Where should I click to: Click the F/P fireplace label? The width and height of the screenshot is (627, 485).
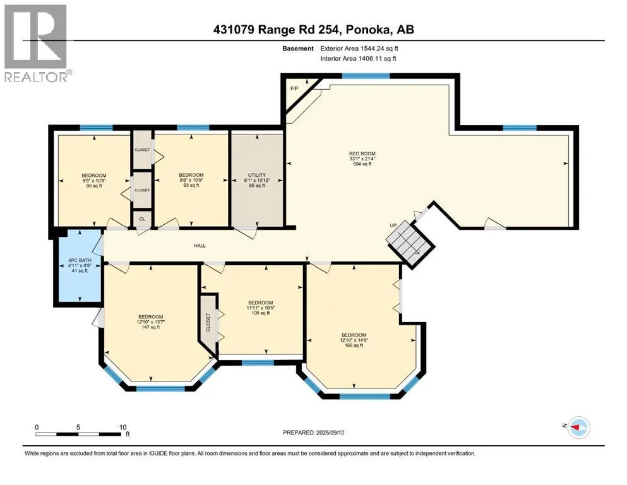(x=294, y=88)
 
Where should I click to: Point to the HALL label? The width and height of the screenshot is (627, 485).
(x=200, y=246)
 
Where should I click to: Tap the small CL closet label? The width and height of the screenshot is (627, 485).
(x=142, y=219)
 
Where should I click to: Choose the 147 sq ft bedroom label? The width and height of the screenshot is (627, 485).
(x=151, y=322)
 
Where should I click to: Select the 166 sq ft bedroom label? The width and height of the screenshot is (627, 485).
(x=354, y=340)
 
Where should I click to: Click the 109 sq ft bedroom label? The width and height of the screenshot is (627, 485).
(x=261, y=308)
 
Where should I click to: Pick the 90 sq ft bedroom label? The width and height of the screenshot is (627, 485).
(x=94, y=181)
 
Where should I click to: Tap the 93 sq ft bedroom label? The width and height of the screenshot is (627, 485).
(x=191, y=180)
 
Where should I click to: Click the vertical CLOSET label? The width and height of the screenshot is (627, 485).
(x=208, y=322)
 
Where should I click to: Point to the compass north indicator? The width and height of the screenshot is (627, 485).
(x=577, y=427)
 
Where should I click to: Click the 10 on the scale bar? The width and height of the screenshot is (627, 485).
(x=122, y=427)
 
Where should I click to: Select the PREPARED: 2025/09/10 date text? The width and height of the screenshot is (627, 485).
(x=313, y=433)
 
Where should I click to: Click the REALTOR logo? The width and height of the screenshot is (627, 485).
(x=37, y=43)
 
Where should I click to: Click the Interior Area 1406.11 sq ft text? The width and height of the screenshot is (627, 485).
(x=358, y=58)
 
